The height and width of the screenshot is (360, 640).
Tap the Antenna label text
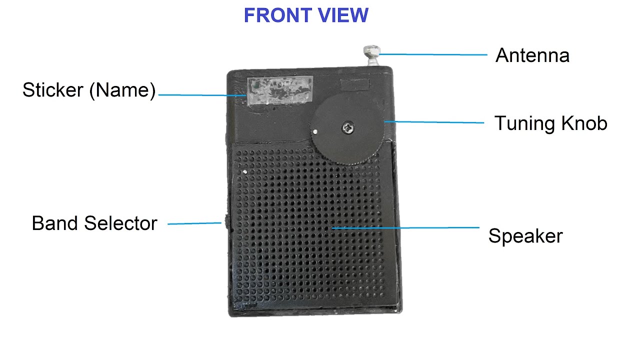[x=532, y=55]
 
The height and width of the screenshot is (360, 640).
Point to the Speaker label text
[x=525, y=236]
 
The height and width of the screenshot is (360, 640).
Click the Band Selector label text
[x=94, y=223]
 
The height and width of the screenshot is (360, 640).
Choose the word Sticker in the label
[x=53, y=90]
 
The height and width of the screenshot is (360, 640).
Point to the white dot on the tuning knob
[x=315, y=131]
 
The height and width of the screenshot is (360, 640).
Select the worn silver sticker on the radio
[x=280, y=90]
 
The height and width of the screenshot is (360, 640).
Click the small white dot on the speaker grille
[x=244, y=171]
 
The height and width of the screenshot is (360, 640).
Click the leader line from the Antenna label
[x=433, y=54]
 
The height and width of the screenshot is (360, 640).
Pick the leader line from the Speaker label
[x=405, y=228]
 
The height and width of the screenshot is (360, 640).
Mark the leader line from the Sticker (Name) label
[x=202, y=95]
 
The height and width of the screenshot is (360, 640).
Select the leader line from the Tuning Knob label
[x=434, y=122]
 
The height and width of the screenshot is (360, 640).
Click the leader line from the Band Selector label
[x=194, y=223]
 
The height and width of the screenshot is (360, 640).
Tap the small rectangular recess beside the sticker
[x=355, y=84]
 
